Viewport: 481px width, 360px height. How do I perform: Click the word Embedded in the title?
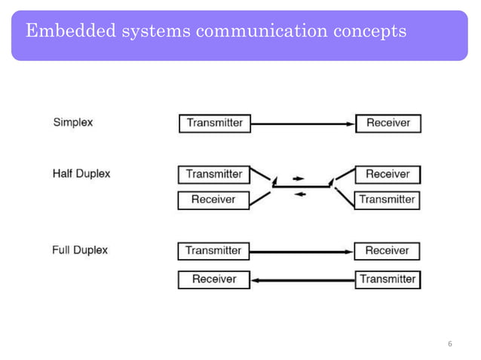(68, 31)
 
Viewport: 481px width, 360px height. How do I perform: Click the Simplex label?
(73, 122)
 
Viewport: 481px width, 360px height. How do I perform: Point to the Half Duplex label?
(81, 173)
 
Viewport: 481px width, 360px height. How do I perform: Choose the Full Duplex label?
(80, 249)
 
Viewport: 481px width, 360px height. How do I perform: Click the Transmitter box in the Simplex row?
(214, 124)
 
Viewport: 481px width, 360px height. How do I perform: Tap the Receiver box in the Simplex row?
(388, 124)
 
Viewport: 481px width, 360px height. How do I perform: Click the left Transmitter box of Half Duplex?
(213, 174)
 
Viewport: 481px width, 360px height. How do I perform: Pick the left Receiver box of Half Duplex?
(213, 200)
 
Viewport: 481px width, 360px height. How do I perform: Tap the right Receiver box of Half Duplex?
(387, 174)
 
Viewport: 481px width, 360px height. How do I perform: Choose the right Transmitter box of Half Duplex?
(387, 200)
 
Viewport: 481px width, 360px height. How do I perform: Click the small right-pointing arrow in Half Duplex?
(299, 178)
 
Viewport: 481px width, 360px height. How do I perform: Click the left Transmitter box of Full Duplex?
(213, 250)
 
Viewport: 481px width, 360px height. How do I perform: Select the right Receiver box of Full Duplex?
(387, 250)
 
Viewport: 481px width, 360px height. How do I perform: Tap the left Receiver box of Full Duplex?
(213, 279)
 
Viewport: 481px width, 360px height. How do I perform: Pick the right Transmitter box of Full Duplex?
(387, 279)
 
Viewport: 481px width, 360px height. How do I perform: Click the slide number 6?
(450, 344)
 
